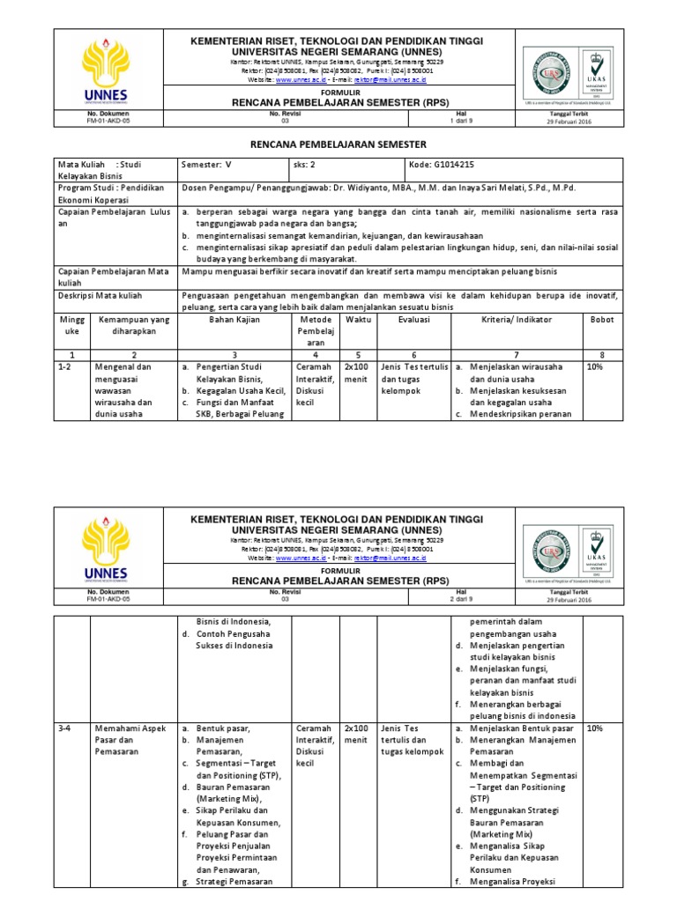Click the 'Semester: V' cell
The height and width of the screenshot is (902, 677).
coord(204,164)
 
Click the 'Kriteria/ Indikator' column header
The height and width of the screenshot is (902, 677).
coord(515,319)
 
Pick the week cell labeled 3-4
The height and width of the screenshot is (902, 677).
coord(64,728)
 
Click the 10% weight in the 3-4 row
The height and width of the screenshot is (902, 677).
coord(595,728)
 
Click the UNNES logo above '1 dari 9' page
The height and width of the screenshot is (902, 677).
coord(105,70)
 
